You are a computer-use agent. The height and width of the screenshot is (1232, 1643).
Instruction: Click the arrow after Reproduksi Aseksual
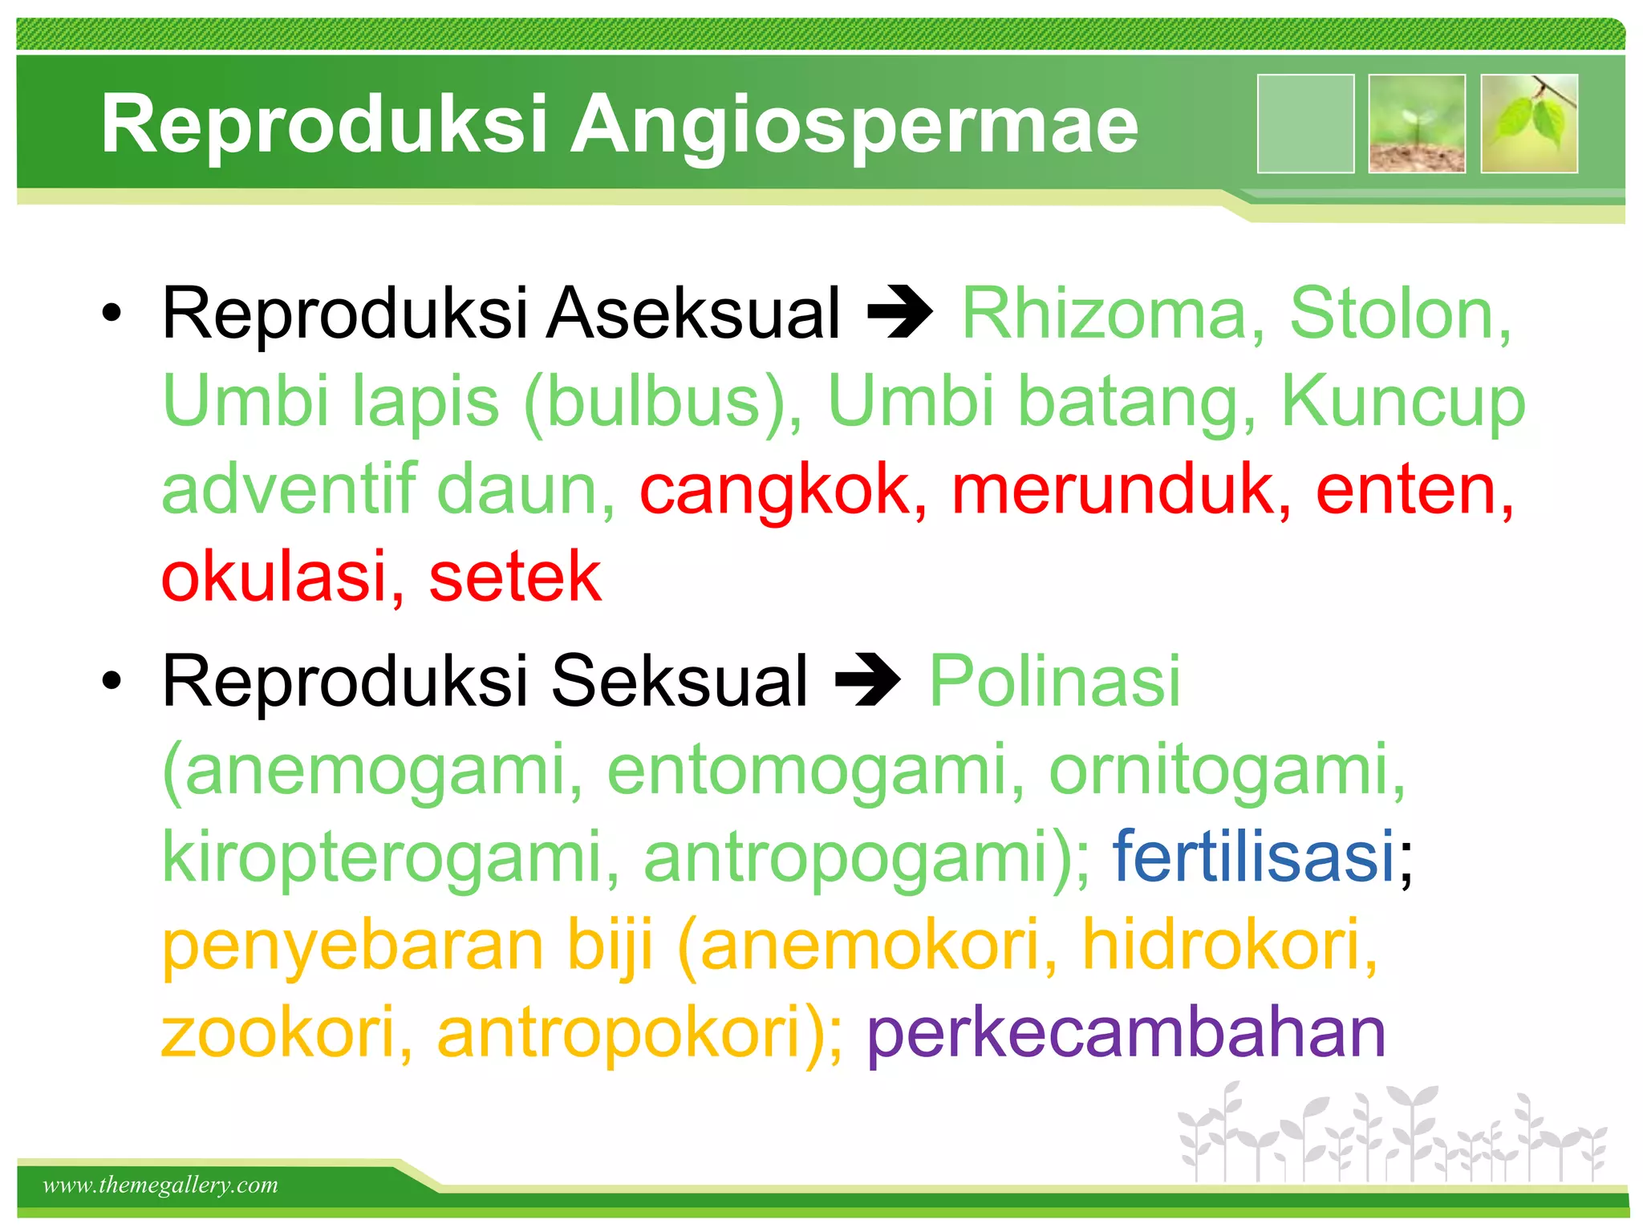pos(900,313)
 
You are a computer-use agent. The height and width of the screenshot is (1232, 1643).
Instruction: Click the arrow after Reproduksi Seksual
pos(868,681)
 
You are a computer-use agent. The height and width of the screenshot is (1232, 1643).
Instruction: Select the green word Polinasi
pos(1054,681)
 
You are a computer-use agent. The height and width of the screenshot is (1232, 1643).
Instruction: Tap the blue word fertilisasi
pos(1253,857)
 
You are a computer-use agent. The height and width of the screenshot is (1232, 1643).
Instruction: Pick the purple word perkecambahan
pos(1126,1033)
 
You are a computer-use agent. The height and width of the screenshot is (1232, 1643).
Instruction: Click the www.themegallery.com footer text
pos(160,1185)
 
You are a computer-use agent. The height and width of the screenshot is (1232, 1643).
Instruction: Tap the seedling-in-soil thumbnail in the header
pos(1417,124)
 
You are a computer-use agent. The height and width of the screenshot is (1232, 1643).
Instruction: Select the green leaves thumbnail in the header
pos(1529,124)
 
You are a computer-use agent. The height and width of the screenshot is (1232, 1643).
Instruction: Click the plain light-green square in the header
pos(1305,124)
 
